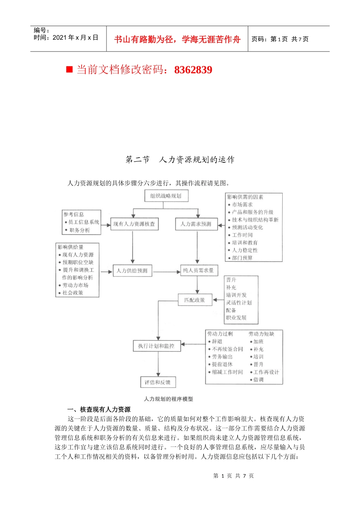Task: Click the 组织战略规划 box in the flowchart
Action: click(166, 196)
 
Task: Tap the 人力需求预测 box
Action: click(196, 224)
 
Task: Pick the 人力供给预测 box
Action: click(132, 271)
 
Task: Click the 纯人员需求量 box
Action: click(198, 270)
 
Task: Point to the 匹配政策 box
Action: click(195, 300)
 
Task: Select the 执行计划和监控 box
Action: click(157, 346)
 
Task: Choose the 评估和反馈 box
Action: click(158, 382)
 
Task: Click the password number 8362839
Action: click(193, 70)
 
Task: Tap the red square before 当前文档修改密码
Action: click(69, 69)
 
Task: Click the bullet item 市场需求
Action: click(243, 205)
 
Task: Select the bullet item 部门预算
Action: click(243, 258)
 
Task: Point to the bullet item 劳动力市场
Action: click(75, 285)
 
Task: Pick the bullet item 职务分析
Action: click(80, 230)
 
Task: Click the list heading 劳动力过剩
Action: click(220, 334)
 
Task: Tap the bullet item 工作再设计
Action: click(266, 372)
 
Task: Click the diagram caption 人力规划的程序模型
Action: click(169, 399)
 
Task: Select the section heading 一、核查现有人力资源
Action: click(99, 409)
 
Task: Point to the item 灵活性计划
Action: click(239, 303)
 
